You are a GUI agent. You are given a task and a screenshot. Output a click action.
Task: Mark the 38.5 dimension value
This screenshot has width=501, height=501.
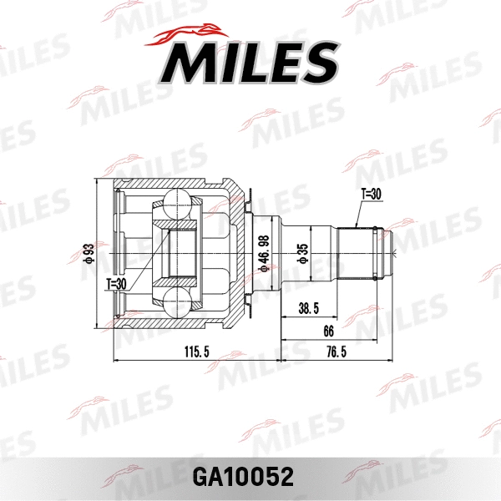310,309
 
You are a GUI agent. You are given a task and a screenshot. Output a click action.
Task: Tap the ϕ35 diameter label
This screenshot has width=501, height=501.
303,254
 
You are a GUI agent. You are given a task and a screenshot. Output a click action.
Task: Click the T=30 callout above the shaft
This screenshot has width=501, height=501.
371,194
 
